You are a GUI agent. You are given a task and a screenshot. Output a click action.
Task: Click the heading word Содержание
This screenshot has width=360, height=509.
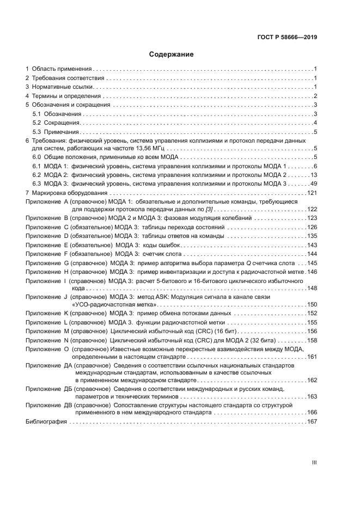coord(172,54)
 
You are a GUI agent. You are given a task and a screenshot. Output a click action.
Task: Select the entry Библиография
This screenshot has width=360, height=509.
coord(46,421)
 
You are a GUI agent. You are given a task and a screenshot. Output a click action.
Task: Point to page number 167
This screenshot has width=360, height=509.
coord(312,421)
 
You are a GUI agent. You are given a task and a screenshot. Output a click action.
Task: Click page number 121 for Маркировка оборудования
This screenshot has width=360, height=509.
coord(312,193)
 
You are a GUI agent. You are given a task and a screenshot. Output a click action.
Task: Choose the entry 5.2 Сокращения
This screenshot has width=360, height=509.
coord(52,122)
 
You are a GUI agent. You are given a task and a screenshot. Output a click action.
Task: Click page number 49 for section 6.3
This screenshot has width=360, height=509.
coord(314,184)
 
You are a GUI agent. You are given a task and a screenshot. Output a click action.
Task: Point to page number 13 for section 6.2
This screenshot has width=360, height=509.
coord(314,175)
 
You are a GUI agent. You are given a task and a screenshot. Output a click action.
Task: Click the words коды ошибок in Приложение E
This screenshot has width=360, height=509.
coord(161,245)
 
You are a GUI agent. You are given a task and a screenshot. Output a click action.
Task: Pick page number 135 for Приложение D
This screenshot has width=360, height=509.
coord(312,236)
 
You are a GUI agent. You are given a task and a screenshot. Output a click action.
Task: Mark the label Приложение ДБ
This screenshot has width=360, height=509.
coord(48,389)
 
